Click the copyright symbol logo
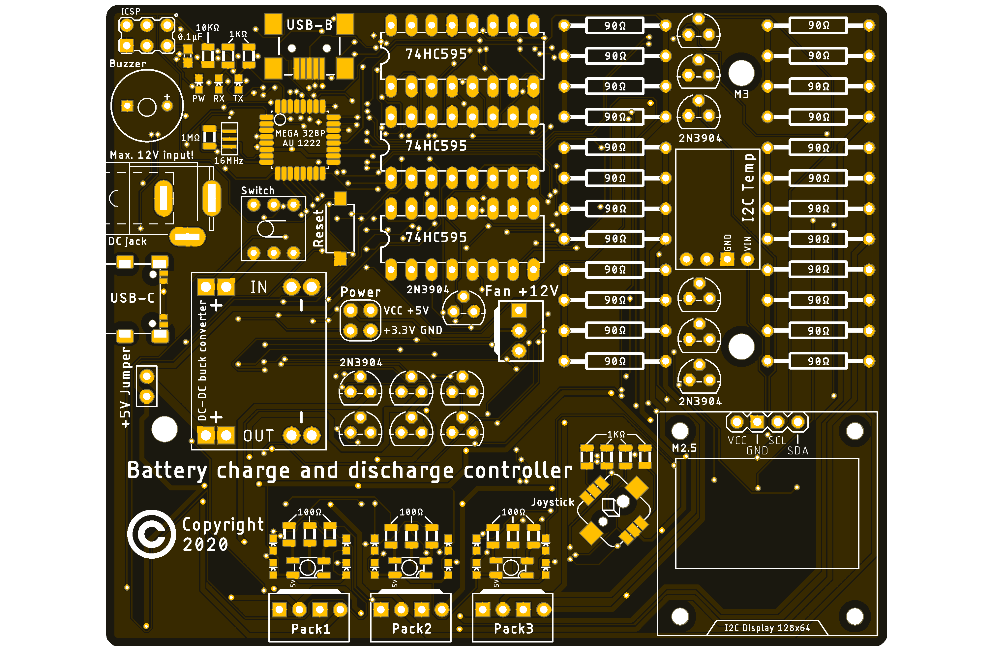tap(151, 534)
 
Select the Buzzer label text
tap(127, 64)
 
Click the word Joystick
tap(553, 502)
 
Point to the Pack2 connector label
tap(412, 628)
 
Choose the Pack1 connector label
tap(311, 629)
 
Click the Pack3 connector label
tap(513, 628)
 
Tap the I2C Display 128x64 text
tap(767, 628)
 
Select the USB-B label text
tap(310, 25)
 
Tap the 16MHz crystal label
tap(229, 161)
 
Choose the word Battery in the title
tap(167, 470)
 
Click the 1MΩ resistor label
tap(190, 138)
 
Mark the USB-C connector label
tap(132, 298)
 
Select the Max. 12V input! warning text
tap(151, 155)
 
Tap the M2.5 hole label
tap(684, 448)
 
